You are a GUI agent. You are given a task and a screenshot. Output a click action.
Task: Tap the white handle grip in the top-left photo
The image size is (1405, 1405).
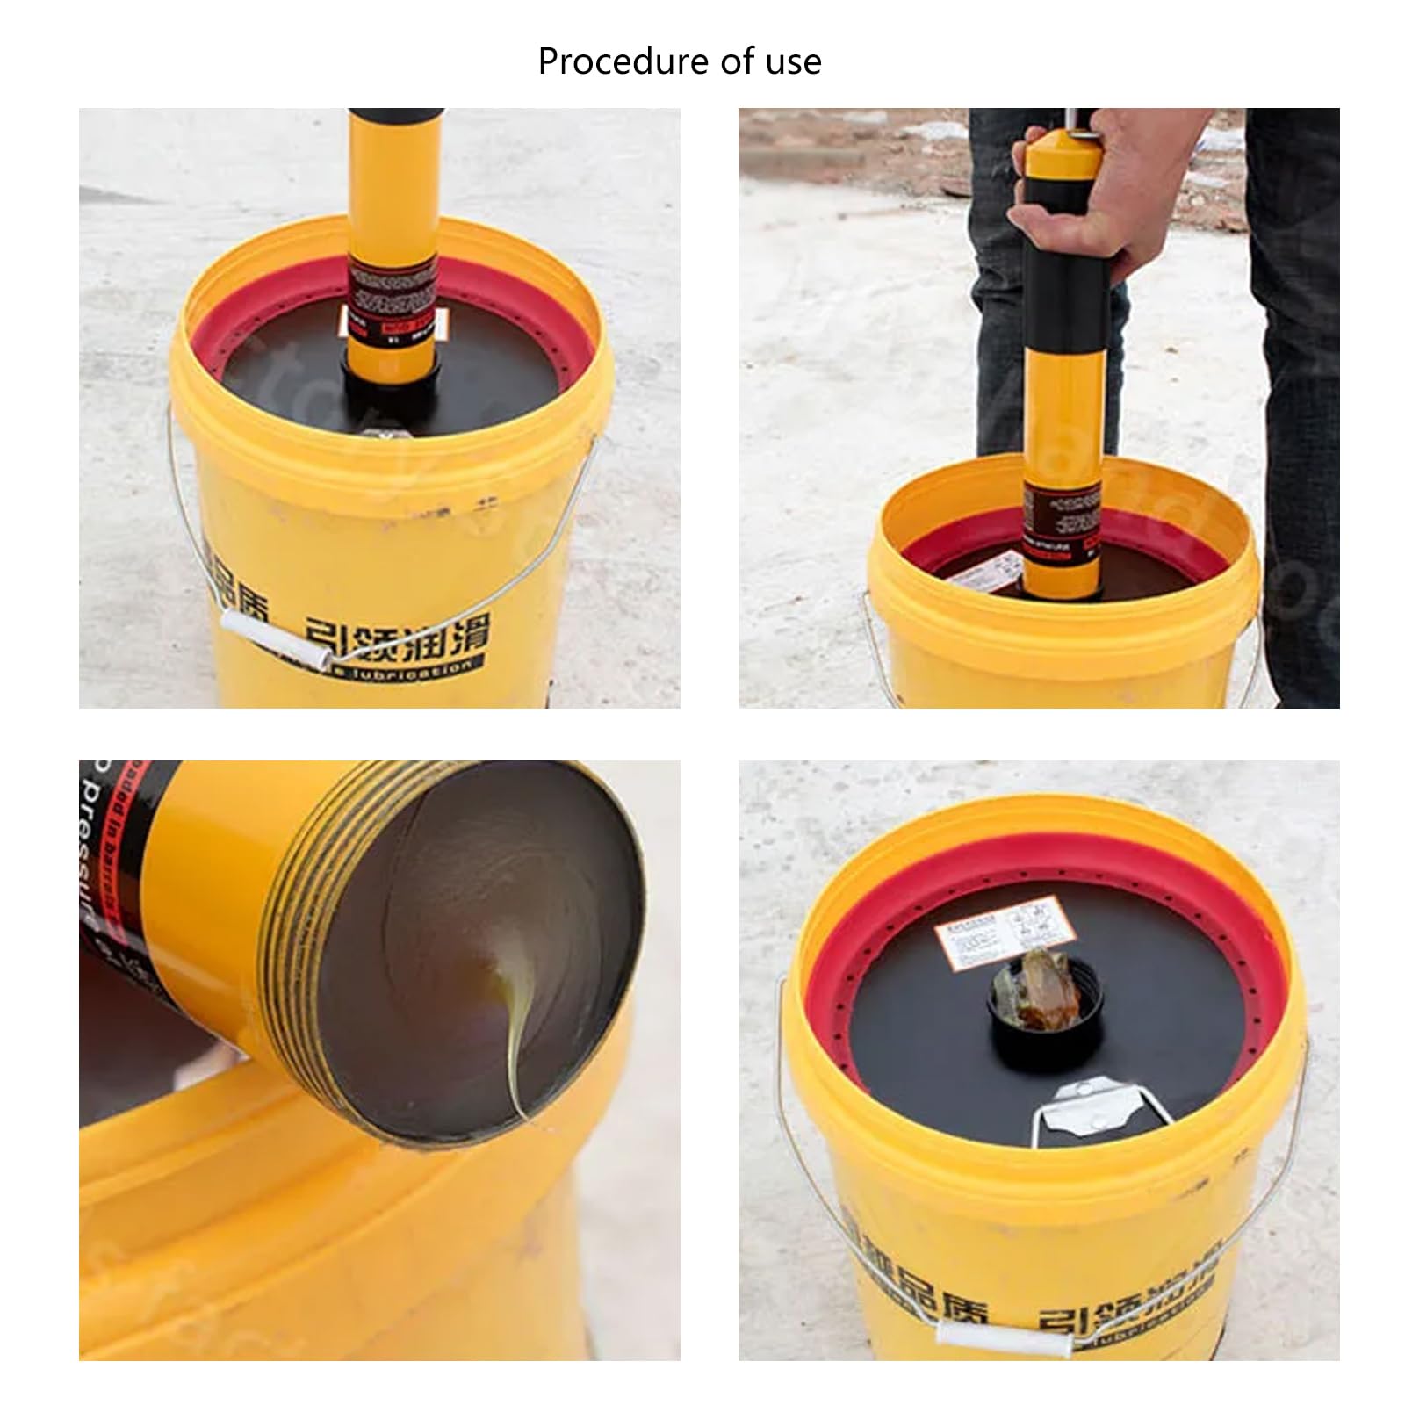point(275,642)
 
